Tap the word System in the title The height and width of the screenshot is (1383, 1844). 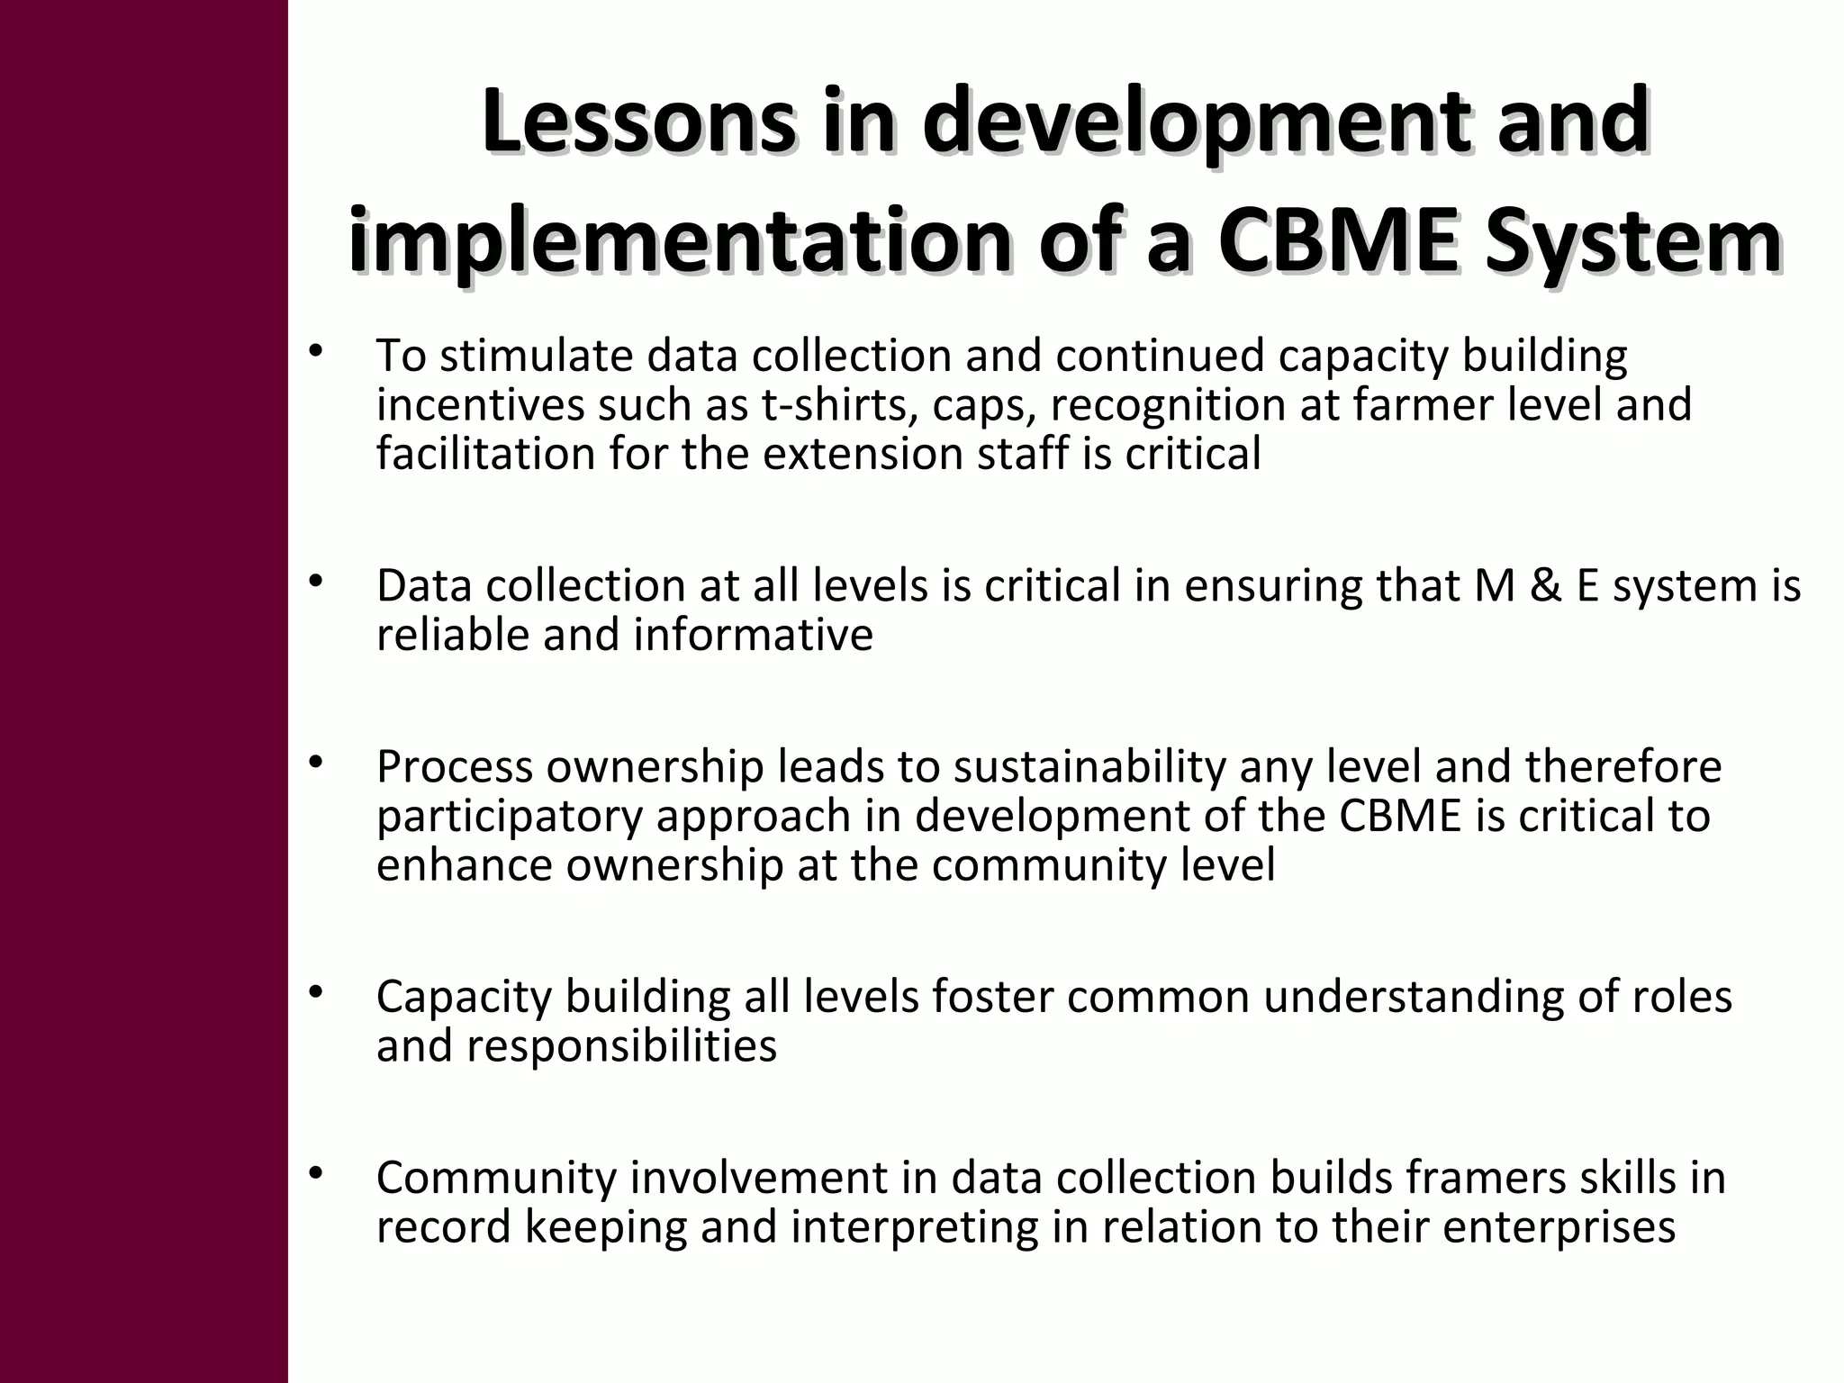coord(1633,242)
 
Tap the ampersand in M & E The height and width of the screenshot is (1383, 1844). coord(1545,586)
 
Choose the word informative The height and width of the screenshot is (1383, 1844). coord(753,635)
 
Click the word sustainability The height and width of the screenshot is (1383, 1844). coord(1089,768)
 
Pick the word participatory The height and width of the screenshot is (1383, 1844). coord(510,817)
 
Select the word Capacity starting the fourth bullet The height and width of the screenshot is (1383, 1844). coord(463,998)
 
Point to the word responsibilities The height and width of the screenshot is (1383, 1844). coord(620,1046)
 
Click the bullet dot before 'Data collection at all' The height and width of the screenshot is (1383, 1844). coord(314,582)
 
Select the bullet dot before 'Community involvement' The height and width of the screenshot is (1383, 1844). coord(314,1173)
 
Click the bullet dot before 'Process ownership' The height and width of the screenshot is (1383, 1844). coord(314,764)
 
